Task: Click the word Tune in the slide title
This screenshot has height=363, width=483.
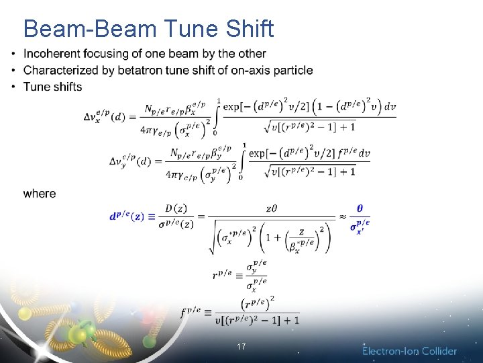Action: click(187, 29)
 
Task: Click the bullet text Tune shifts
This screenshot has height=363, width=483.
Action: click(52, 87)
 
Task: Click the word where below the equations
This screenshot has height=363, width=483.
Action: click(40, 194)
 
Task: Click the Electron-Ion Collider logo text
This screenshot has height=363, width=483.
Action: click(410, 351)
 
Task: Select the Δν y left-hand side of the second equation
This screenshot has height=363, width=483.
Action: click(131, 162)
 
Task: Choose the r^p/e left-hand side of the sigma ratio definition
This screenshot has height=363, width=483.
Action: click(221, 274)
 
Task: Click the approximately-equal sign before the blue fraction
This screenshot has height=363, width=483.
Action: click(343, 216)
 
